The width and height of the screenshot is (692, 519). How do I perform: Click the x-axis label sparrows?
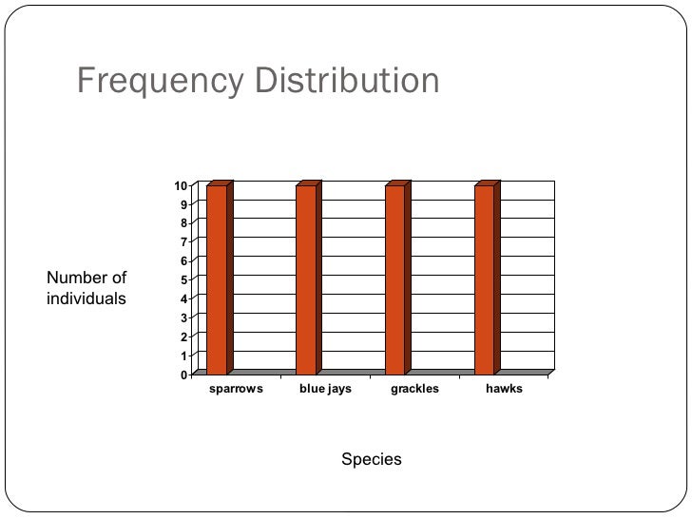coord(235,390)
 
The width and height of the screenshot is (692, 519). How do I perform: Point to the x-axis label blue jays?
coord(325,390)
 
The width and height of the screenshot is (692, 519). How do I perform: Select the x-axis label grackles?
coord(414,390)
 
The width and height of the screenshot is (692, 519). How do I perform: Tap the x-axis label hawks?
coord(504,390)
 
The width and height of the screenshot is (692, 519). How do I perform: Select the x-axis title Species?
coord(372,460)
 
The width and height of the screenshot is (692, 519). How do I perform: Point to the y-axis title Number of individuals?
coord(86,288)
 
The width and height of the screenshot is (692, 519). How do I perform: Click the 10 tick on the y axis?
coord(180,184)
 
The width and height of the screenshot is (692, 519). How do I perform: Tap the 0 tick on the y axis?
coord(183,375)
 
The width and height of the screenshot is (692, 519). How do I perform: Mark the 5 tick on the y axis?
coord(183,279)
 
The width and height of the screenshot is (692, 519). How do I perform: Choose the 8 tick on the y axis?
coord(183,222)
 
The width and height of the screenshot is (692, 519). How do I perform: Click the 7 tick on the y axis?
coord(183,241)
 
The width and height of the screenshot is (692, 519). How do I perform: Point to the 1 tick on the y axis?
coord(183,356)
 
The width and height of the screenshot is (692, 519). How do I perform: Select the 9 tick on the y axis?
coord(183,203)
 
